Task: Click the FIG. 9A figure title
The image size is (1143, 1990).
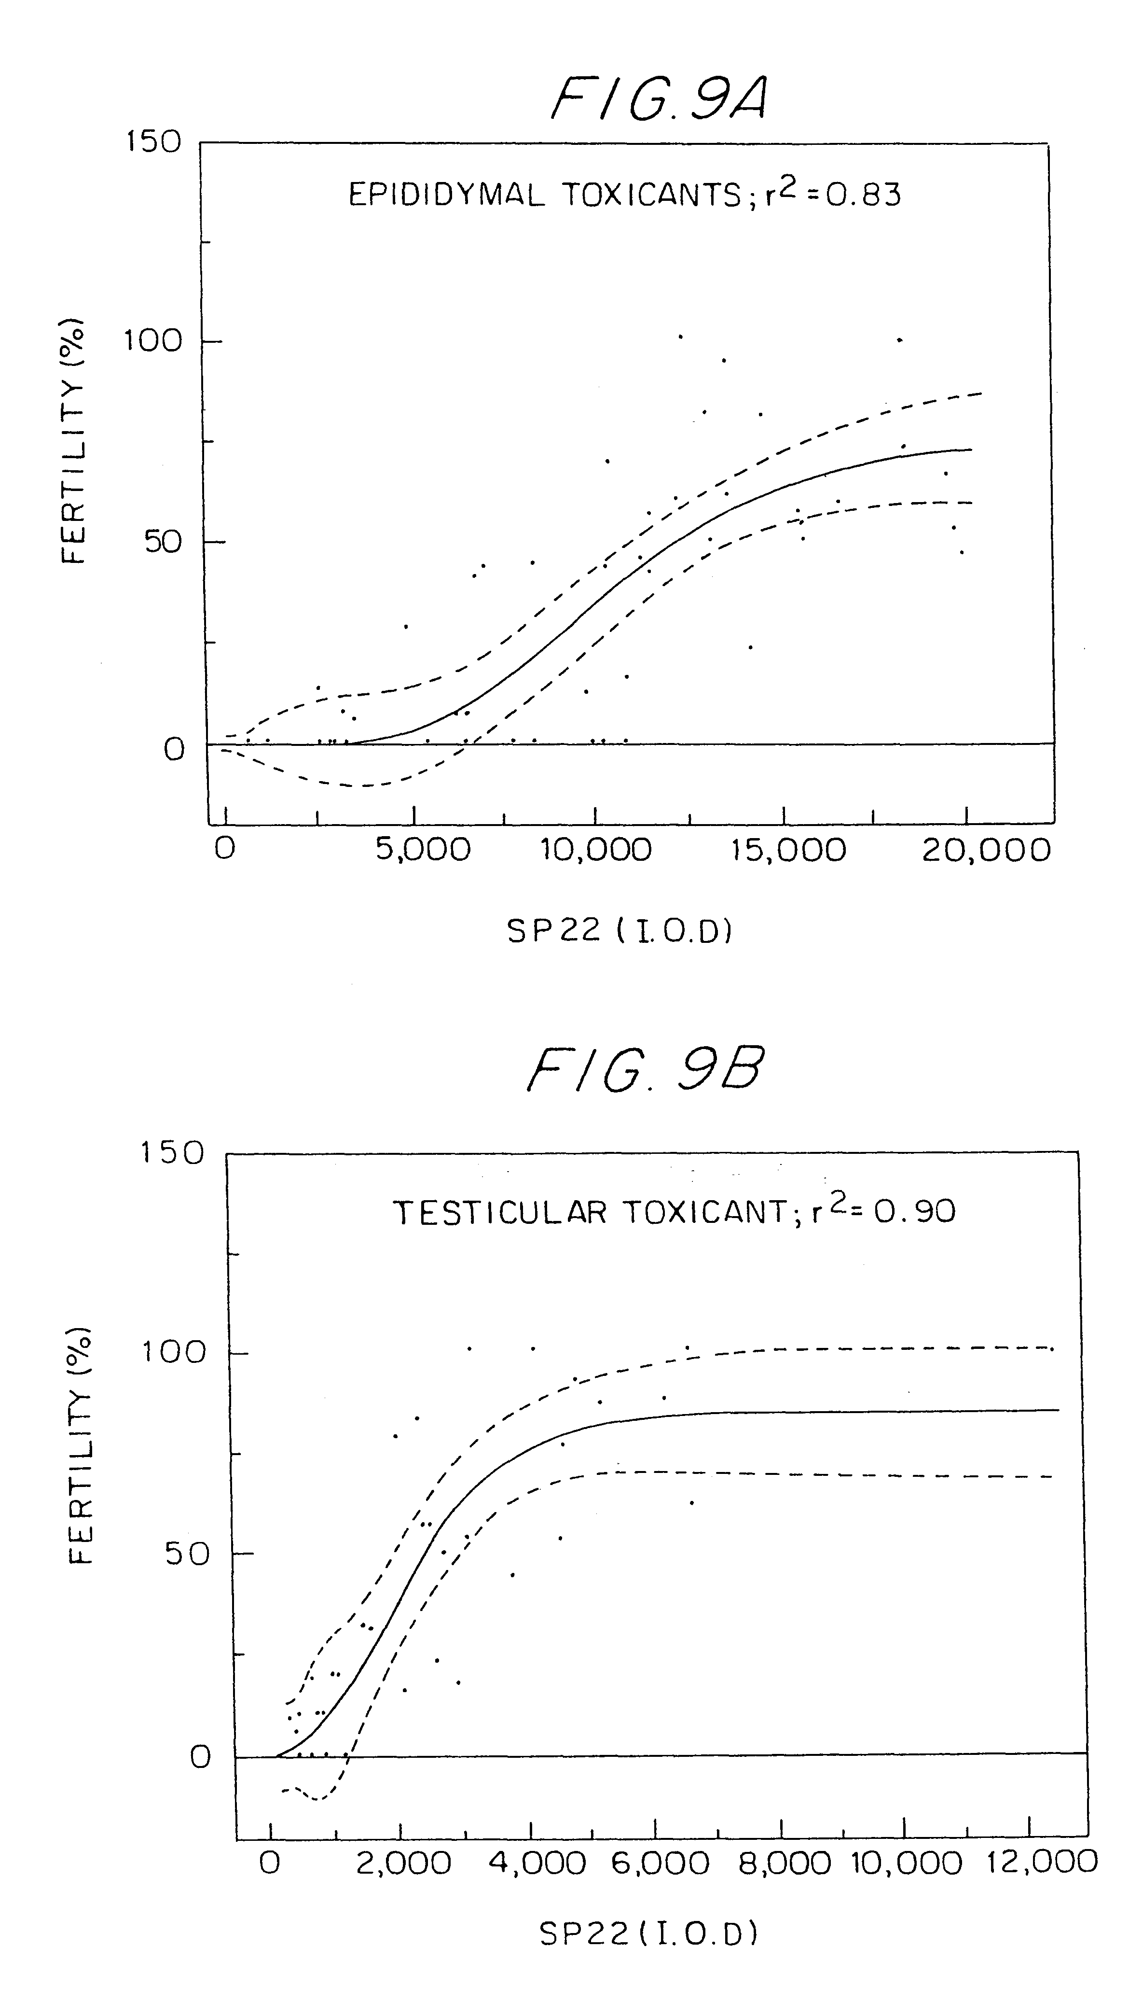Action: click(x=658, y=102)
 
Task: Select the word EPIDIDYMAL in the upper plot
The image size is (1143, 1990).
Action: click(x=446, y=195)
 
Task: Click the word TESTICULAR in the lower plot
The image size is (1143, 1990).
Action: click(x=500, y=1213)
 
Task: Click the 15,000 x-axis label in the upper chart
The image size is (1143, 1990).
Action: click(x=789, y=851)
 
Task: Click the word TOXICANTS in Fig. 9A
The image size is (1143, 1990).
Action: click(x=650, y=195)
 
